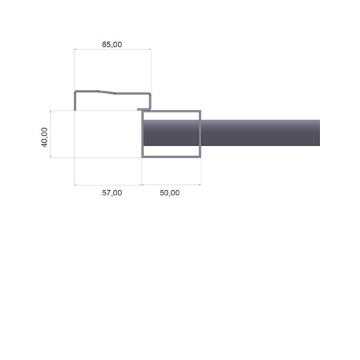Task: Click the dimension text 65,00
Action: (112, 44)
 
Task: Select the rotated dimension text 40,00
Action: (44, 137)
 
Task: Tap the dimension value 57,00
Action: (112, 193)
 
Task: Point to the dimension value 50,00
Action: (170, 193)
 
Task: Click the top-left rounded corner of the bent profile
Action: (75, 91)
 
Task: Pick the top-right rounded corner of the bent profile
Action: (150, 94)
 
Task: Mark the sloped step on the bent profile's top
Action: (106, 92)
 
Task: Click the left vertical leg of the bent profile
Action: (75, 101)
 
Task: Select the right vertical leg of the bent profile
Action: (150, 101)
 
